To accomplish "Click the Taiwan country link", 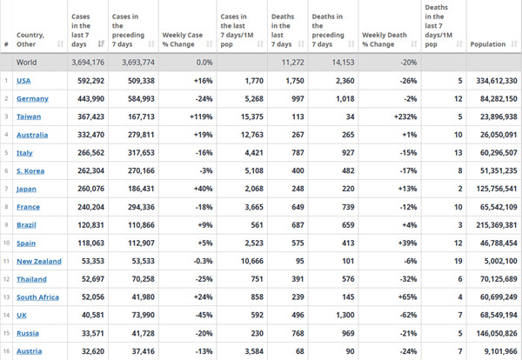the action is pyautogui.click(x=29, y=117).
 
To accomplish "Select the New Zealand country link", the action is pyautogui.click(x=39, y=261).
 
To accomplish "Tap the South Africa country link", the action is pyautogui.click(x=37, y=297).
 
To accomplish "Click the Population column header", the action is pyautogui.click(x=488, y=44).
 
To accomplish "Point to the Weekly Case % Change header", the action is pyautogui.click(x=182, y=40).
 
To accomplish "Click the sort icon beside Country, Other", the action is pyautogui.click(x=60, y=43).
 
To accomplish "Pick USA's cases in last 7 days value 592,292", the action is pyautogui.click(x=90, y=81).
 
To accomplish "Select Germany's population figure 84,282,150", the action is pyautogui.click(x=499, y=99).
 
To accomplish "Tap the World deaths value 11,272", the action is pyautogui.click(x=293, y=63).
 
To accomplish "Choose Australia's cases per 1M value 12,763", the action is pyautogui.click(x=252, y=135).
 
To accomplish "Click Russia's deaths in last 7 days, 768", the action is pyautogui.click(x=298, y=333).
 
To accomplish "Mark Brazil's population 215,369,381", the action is pyautogui.click(x=497, y=225).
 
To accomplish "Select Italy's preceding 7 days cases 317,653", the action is pyautogui.click(x=141, y=153).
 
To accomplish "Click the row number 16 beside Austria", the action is pyautogui.click(x=6, y=351).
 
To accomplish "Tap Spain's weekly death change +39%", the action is pyautogui.click(x=407, y=243).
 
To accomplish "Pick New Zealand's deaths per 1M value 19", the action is pyautogui.click(x=458, y=261).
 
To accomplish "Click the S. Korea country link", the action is pyautogui.click(x=30, y=171).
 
